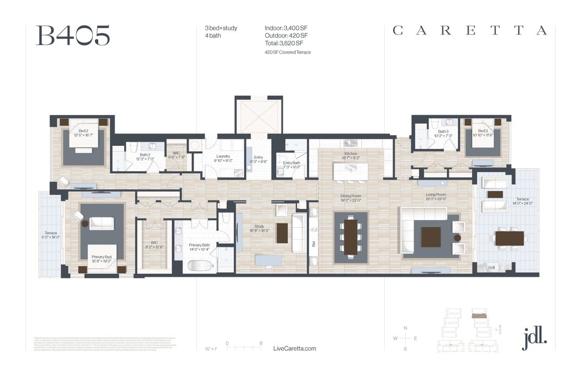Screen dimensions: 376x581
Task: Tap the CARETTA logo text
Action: (x=469, y=31)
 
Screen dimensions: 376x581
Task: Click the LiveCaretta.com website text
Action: (x=294, y=348)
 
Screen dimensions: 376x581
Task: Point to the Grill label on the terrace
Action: (x=491, y=267)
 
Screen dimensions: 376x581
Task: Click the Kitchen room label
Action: (x=351, y=154)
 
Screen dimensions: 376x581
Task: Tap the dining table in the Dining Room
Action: (x=351, y=237)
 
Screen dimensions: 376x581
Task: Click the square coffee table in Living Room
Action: (x=431, y=236)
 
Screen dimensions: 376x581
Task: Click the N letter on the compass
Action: (x=406, y=327)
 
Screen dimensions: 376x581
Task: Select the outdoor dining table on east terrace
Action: (x=509, y=238)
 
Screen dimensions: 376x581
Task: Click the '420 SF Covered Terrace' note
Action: (x=288, y=52)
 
